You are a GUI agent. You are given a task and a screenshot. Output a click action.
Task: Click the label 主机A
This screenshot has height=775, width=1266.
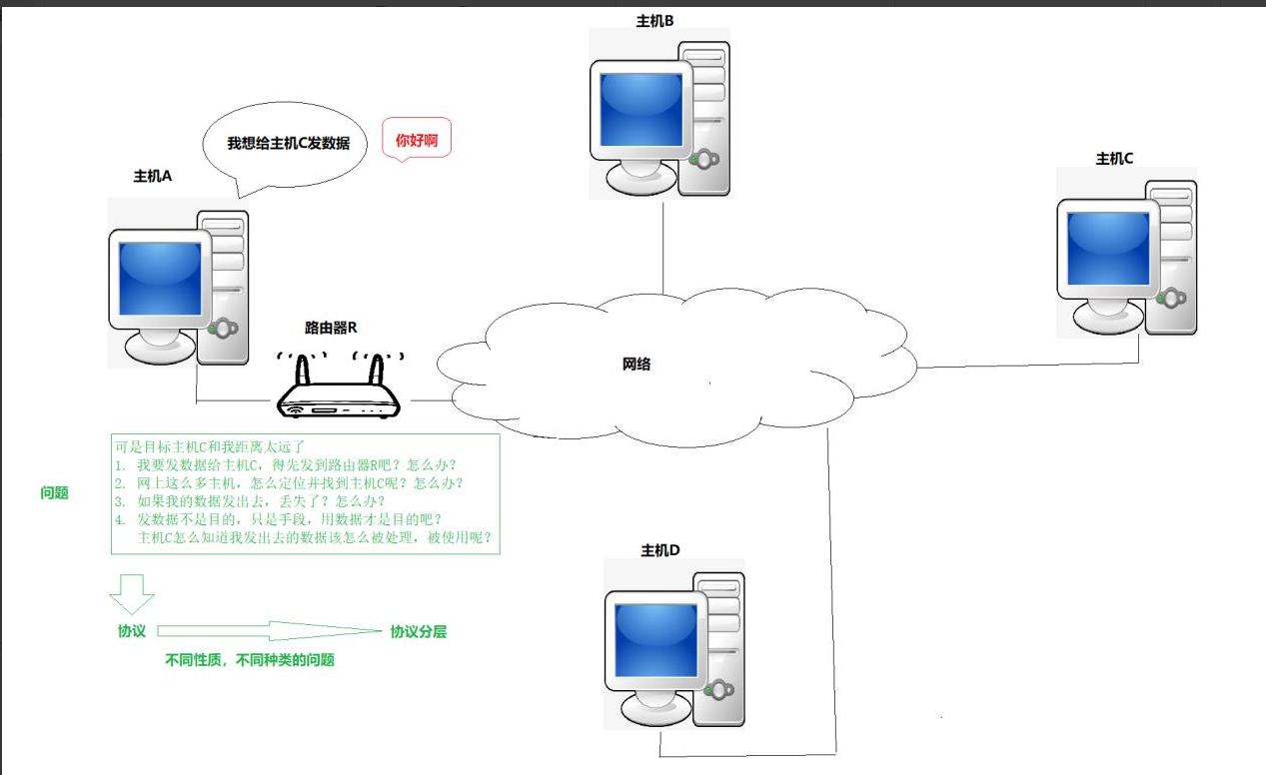153,177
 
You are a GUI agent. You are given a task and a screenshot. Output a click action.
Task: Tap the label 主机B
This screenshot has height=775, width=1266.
655,21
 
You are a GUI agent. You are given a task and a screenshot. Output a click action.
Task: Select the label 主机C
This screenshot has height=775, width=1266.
1114,159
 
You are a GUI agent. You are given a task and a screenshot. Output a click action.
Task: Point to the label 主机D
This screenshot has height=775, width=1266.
659,550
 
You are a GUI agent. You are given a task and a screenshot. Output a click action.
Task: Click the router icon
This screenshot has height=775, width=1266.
337,392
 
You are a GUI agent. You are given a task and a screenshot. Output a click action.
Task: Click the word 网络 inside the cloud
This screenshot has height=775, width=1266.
636,365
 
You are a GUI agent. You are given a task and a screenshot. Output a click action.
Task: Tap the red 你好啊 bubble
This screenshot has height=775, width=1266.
417,141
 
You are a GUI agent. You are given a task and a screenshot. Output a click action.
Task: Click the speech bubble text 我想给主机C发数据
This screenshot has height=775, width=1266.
288,144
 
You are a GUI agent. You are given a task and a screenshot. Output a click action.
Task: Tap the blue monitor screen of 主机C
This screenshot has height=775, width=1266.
1108,249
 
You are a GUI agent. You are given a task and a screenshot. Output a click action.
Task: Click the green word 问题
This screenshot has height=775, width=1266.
54,493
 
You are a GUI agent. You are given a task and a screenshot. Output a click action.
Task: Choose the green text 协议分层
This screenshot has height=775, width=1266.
418,632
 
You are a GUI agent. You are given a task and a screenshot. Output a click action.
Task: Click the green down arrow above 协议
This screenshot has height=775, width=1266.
132,593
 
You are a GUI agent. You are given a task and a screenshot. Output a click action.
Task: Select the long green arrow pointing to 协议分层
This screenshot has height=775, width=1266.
270,631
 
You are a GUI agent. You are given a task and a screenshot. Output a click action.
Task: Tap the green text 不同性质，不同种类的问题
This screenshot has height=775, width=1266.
250,660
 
